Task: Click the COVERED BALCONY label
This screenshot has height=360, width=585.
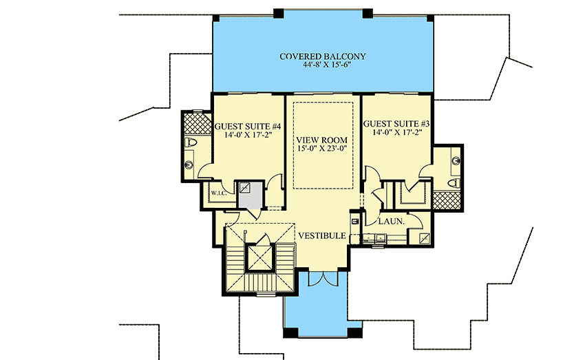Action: tap(322, 56)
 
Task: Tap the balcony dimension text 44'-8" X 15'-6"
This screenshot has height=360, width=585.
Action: tap(322, 66)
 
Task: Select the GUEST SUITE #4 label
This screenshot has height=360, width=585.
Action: tap(246, 127)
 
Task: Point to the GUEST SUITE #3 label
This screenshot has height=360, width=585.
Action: tap(397, 124)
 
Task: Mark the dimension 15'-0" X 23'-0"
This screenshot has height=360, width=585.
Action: tap(323, 149)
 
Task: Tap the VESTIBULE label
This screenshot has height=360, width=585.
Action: tap(321, 235)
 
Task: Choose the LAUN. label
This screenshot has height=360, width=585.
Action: tap(390, 221)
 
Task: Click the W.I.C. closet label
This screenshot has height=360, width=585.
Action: tap(219, 193)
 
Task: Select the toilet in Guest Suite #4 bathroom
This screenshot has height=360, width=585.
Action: tap(192, 143)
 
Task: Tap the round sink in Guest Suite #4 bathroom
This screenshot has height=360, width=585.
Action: tap(189, 164)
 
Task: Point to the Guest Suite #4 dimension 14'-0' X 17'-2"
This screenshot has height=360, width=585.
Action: tap(246, 136)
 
